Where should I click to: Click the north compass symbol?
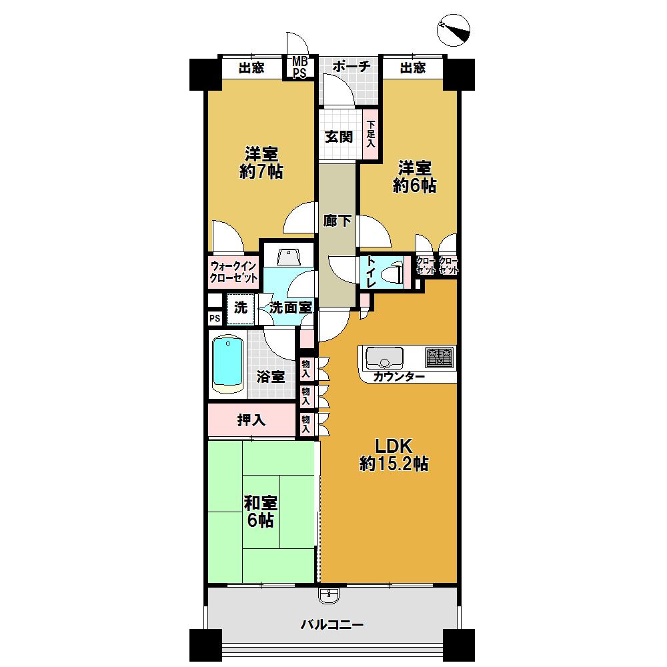[455, 30]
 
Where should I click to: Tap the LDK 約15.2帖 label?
[394, 455]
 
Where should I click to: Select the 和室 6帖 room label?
[261, 512]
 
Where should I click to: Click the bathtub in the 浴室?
[227, 364]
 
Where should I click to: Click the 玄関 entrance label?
[338, 137]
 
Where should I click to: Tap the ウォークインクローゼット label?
[233, 272]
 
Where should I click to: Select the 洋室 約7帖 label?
[261, 162]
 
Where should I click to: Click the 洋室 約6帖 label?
[414, 176]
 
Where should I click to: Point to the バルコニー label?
[331, 625]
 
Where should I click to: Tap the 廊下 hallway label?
[338, 221]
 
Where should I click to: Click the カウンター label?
[399, 378]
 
